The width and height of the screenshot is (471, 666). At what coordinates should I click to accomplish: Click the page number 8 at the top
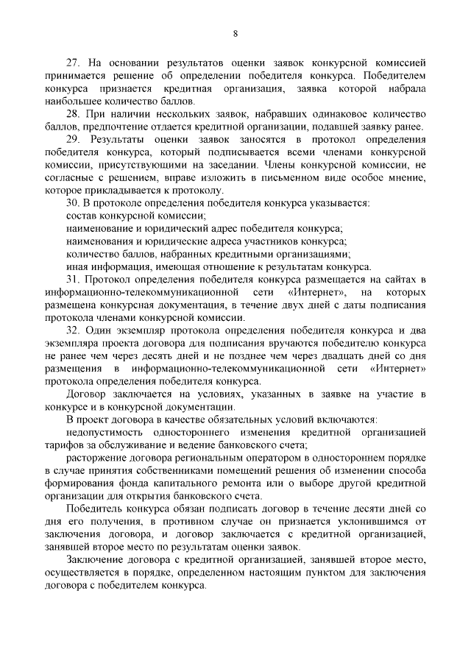point(235,33)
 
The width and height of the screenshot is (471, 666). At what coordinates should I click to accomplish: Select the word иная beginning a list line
point(77,266)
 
